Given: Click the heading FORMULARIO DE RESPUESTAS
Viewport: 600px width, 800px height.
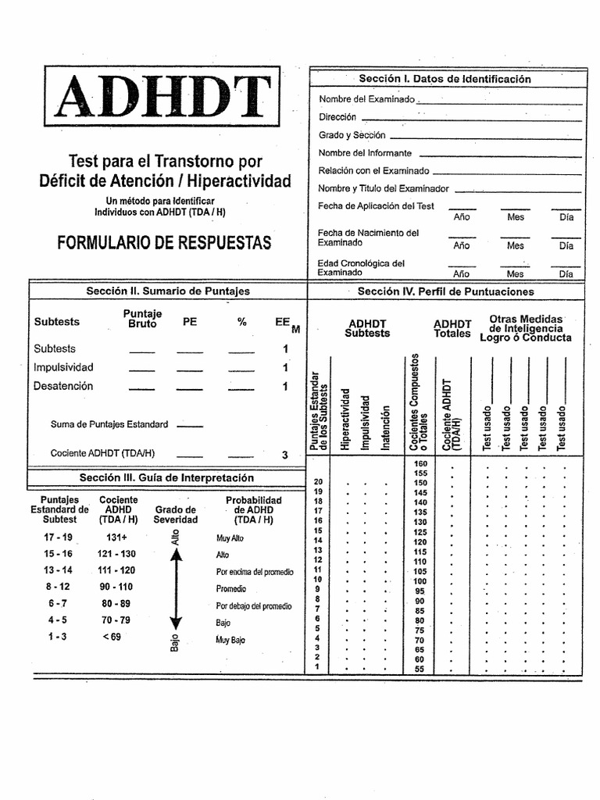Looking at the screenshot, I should (x=164, y=243).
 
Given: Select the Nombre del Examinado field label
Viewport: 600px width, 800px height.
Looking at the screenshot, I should (x=366, y=99).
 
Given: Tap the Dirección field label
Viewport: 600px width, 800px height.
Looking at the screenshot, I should (x=337, y=117).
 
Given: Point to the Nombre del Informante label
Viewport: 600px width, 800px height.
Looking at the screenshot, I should (x=365, y=153).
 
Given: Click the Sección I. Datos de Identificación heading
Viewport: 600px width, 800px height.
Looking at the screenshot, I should (x=445, y=79).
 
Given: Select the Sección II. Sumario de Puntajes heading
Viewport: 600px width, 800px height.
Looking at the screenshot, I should (x=168, y=291).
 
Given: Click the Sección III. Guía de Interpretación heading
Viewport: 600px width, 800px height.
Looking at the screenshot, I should (x=166, y=477).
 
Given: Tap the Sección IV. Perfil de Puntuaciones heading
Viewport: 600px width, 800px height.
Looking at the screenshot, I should (x=445, y=291).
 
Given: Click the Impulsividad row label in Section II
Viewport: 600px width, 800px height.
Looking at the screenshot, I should (x=63, y=367).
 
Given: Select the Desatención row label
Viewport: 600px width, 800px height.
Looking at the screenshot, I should (x=63, y=386).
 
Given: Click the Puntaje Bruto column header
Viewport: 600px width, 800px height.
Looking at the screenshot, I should (x=142, y=319).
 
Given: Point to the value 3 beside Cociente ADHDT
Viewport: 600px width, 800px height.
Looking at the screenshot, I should (x=285, y=455).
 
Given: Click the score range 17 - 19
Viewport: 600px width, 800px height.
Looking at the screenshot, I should (x=59, y=537).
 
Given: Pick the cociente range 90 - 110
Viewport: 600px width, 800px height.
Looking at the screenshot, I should (x=116, y=587).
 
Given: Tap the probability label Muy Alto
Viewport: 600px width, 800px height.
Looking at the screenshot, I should (x=230, y=538).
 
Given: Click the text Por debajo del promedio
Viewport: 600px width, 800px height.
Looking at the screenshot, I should (x=254, y=605).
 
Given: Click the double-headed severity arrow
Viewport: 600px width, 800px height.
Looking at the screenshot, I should (x=176, y=587).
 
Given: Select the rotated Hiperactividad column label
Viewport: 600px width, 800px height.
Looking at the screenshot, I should (x=345, y=418).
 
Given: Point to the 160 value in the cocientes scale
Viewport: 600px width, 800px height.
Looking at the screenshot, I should (x=420, y=464).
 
